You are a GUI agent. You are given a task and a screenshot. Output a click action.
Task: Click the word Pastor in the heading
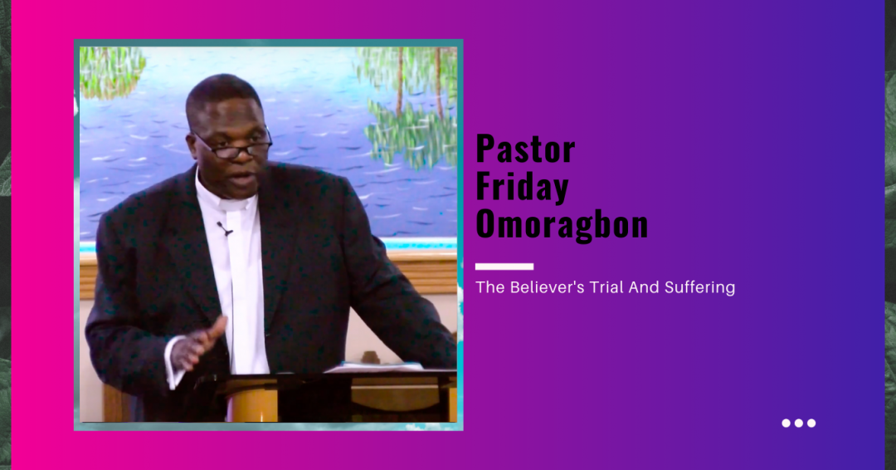(x=525, y=149)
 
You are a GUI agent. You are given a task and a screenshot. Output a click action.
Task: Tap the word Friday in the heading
(x=523, y=187)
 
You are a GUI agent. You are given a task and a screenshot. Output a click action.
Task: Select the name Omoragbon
(x=562, y=223)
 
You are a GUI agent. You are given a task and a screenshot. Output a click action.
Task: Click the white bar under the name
(x=504, y=267)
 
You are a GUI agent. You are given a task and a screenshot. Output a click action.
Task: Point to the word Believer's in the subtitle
(x=547, y=287)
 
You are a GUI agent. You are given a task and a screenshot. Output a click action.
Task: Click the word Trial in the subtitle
(x=606, y=287)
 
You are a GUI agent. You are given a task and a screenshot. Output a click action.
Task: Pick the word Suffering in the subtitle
(x=699, y=287)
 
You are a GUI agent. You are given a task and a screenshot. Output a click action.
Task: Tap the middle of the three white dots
(x=799, y=423)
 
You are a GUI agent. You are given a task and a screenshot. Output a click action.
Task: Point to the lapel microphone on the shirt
(x=225, y=229)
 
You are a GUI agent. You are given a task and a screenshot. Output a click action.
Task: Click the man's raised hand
(x=197, y=344)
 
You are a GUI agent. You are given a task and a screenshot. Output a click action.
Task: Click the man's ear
(x=192, y=146)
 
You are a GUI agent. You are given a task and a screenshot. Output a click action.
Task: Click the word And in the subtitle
(x=644, y=287)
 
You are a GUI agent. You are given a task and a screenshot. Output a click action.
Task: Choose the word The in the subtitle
(x=490, y=287)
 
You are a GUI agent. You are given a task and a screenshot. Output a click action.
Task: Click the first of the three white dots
(x=786, y=423)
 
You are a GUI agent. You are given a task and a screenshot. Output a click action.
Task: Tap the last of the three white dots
(x=811, y=423)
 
